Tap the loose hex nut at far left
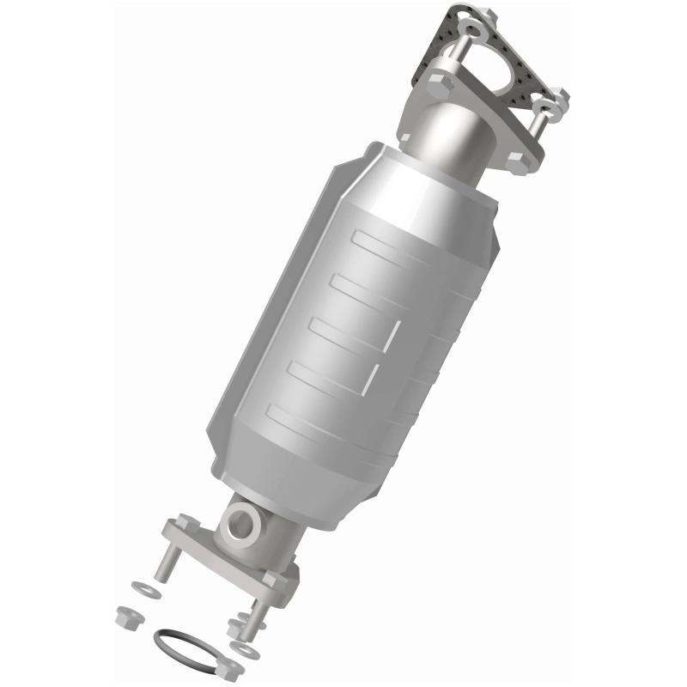click(128, 616)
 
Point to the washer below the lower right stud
click(247, 652)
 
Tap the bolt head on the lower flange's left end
click(185, 524)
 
